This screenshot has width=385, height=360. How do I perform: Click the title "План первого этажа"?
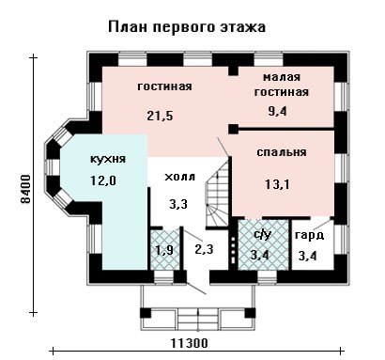click(187, 26)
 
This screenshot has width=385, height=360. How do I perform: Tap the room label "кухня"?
click(108, 159)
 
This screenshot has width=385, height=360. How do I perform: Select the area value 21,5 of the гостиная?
click(160, 116)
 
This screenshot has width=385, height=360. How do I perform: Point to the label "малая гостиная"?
click(282, 85)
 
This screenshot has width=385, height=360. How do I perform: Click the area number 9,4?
click(278, 111)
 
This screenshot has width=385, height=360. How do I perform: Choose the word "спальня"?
click(282, 152)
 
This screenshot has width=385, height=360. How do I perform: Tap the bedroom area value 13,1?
click(277, 184)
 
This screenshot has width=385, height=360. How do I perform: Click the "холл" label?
click(179, 177)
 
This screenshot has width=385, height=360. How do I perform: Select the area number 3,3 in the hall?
click(178, 204)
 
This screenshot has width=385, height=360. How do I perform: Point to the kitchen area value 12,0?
click(103, 180)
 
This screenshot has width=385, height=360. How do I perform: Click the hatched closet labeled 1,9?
click(164, 249)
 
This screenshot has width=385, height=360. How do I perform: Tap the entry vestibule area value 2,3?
click(204, 249)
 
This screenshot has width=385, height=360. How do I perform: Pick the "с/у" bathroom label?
click(262, 234)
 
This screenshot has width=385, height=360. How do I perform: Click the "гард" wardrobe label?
click(309, 236)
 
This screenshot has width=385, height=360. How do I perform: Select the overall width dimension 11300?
click(190, 343)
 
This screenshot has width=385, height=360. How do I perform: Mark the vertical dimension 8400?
click(26, 189)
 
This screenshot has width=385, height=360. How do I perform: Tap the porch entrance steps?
click(198, 318)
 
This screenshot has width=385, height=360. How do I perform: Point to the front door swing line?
click(196, 289)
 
